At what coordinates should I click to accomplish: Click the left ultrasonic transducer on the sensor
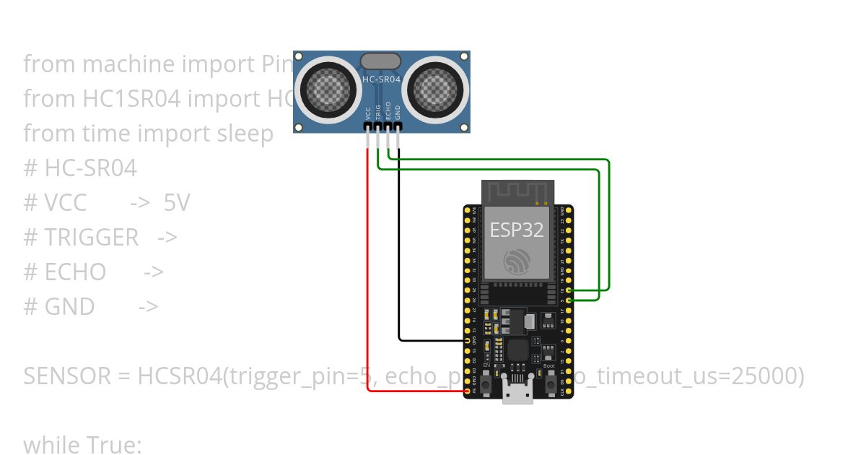331,89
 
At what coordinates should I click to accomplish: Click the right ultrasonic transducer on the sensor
435,89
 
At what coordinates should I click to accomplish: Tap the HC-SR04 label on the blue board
380,80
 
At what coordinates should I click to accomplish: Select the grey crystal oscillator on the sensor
380,61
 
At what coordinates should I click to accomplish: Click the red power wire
369,289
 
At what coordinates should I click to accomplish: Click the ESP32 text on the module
517,230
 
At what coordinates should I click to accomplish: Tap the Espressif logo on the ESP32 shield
517,261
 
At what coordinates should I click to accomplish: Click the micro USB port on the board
518,394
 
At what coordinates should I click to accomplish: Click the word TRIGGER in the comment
92,238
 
